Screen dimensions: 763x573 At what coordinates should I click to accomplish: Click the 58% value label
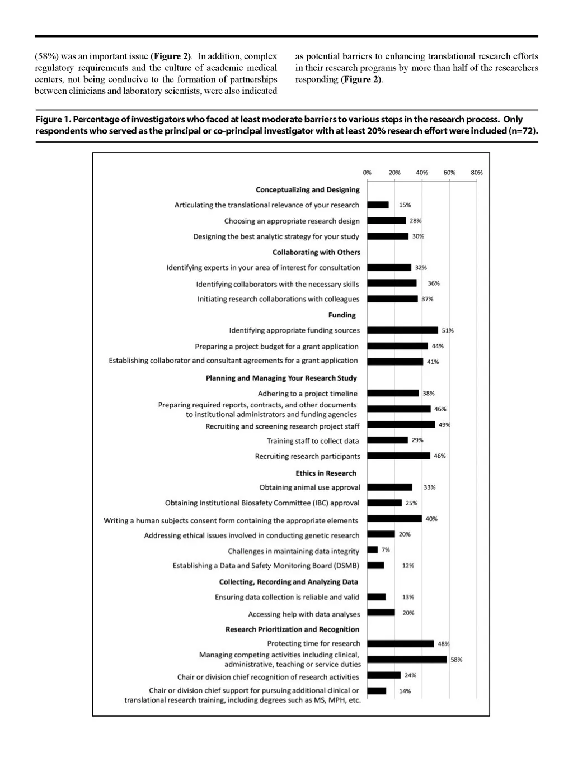[457, 660]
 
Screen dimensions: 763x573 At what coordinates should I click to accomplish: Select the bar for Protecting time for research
[401, 644]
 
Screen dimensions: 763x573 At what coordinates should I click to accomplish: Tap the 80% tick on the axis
[477, 173]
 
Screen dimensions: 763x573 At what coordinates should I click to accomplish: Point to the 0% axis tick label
[367, 173]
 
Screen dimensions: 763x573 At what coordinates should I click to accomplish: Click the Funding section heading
[342, 315]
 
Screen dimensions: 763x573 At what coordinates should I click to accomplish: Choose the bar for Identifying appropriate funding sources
[402, 330]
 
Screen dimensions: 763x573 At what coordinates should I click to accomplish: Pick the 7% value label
[386, 550]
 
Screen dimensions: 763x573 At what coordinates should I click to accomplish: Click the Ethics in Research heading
[326, 473]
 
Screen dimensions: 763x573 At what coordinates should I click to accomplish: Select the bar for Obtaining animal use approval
[390, 487]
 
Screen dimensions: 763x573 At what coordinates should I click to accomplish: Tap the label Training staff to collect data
[313, 441]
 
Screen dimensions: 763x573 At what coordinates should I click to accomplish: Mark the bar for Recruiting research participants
[399, 456]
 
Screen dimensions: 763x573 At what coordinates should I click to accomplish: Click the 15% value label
[405, 205]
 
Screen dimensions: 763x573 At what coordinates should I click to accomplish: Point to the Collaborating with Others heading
[316, 252]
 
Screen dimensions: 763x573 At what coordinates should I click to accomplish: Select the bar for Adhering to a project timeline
[393, 394]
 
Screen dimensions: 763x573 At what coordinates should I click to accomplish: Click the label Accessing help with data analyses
[304, 614]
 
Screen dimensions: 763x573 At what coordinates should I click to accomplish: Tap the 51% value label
[448, 330]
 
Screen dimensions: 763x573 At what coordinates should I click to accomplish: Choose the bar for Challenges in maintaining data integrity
[372, 550]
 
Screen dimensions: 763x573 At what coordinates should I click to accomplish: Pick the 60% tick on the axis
[449, 173]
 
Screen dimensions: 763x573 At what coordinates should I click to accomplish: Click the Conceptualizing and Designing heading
[308, 189]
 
